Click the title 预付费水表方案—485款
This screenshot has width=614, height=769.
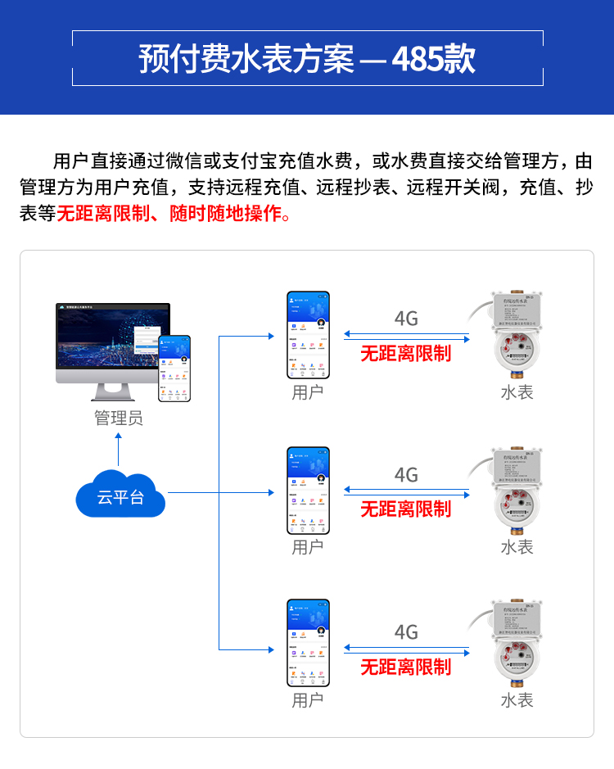click(307, 58)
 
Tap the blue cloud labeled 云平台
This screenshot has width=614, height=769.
click(120, 495)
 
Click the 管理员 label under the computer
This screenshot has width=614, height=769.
click(118, 418)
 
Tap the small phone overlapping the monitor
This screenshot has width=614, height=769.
click(174, 368)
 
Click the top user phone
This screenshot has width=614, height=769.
click(308, 335)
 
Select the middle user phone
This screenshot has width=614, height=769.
click(308, 490)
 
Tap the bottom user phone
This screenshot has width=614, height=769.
click(308, 643)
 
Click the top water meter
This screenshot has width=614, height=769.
click(516, 336)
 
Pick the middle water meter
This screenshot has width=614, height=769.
click(516, 491)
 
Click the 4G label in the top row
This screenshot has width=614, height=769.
click(406, 319)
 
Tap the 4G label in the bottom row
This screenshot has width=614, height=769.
click(406, 632)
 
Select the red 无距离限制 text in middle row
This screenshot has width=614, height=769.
click(406, 509)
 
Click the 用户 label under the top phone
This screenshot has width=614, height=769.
click(308, 392)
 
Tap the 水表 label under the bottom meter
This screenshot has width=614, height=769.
click(517, 700)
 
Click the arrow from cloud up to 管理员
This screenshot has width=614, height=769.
click(119, 450)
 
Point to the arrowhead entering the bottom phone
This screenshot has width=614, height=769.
click(269, 649)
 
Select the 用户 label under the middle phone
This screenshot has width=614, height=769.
click(308, 546)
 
